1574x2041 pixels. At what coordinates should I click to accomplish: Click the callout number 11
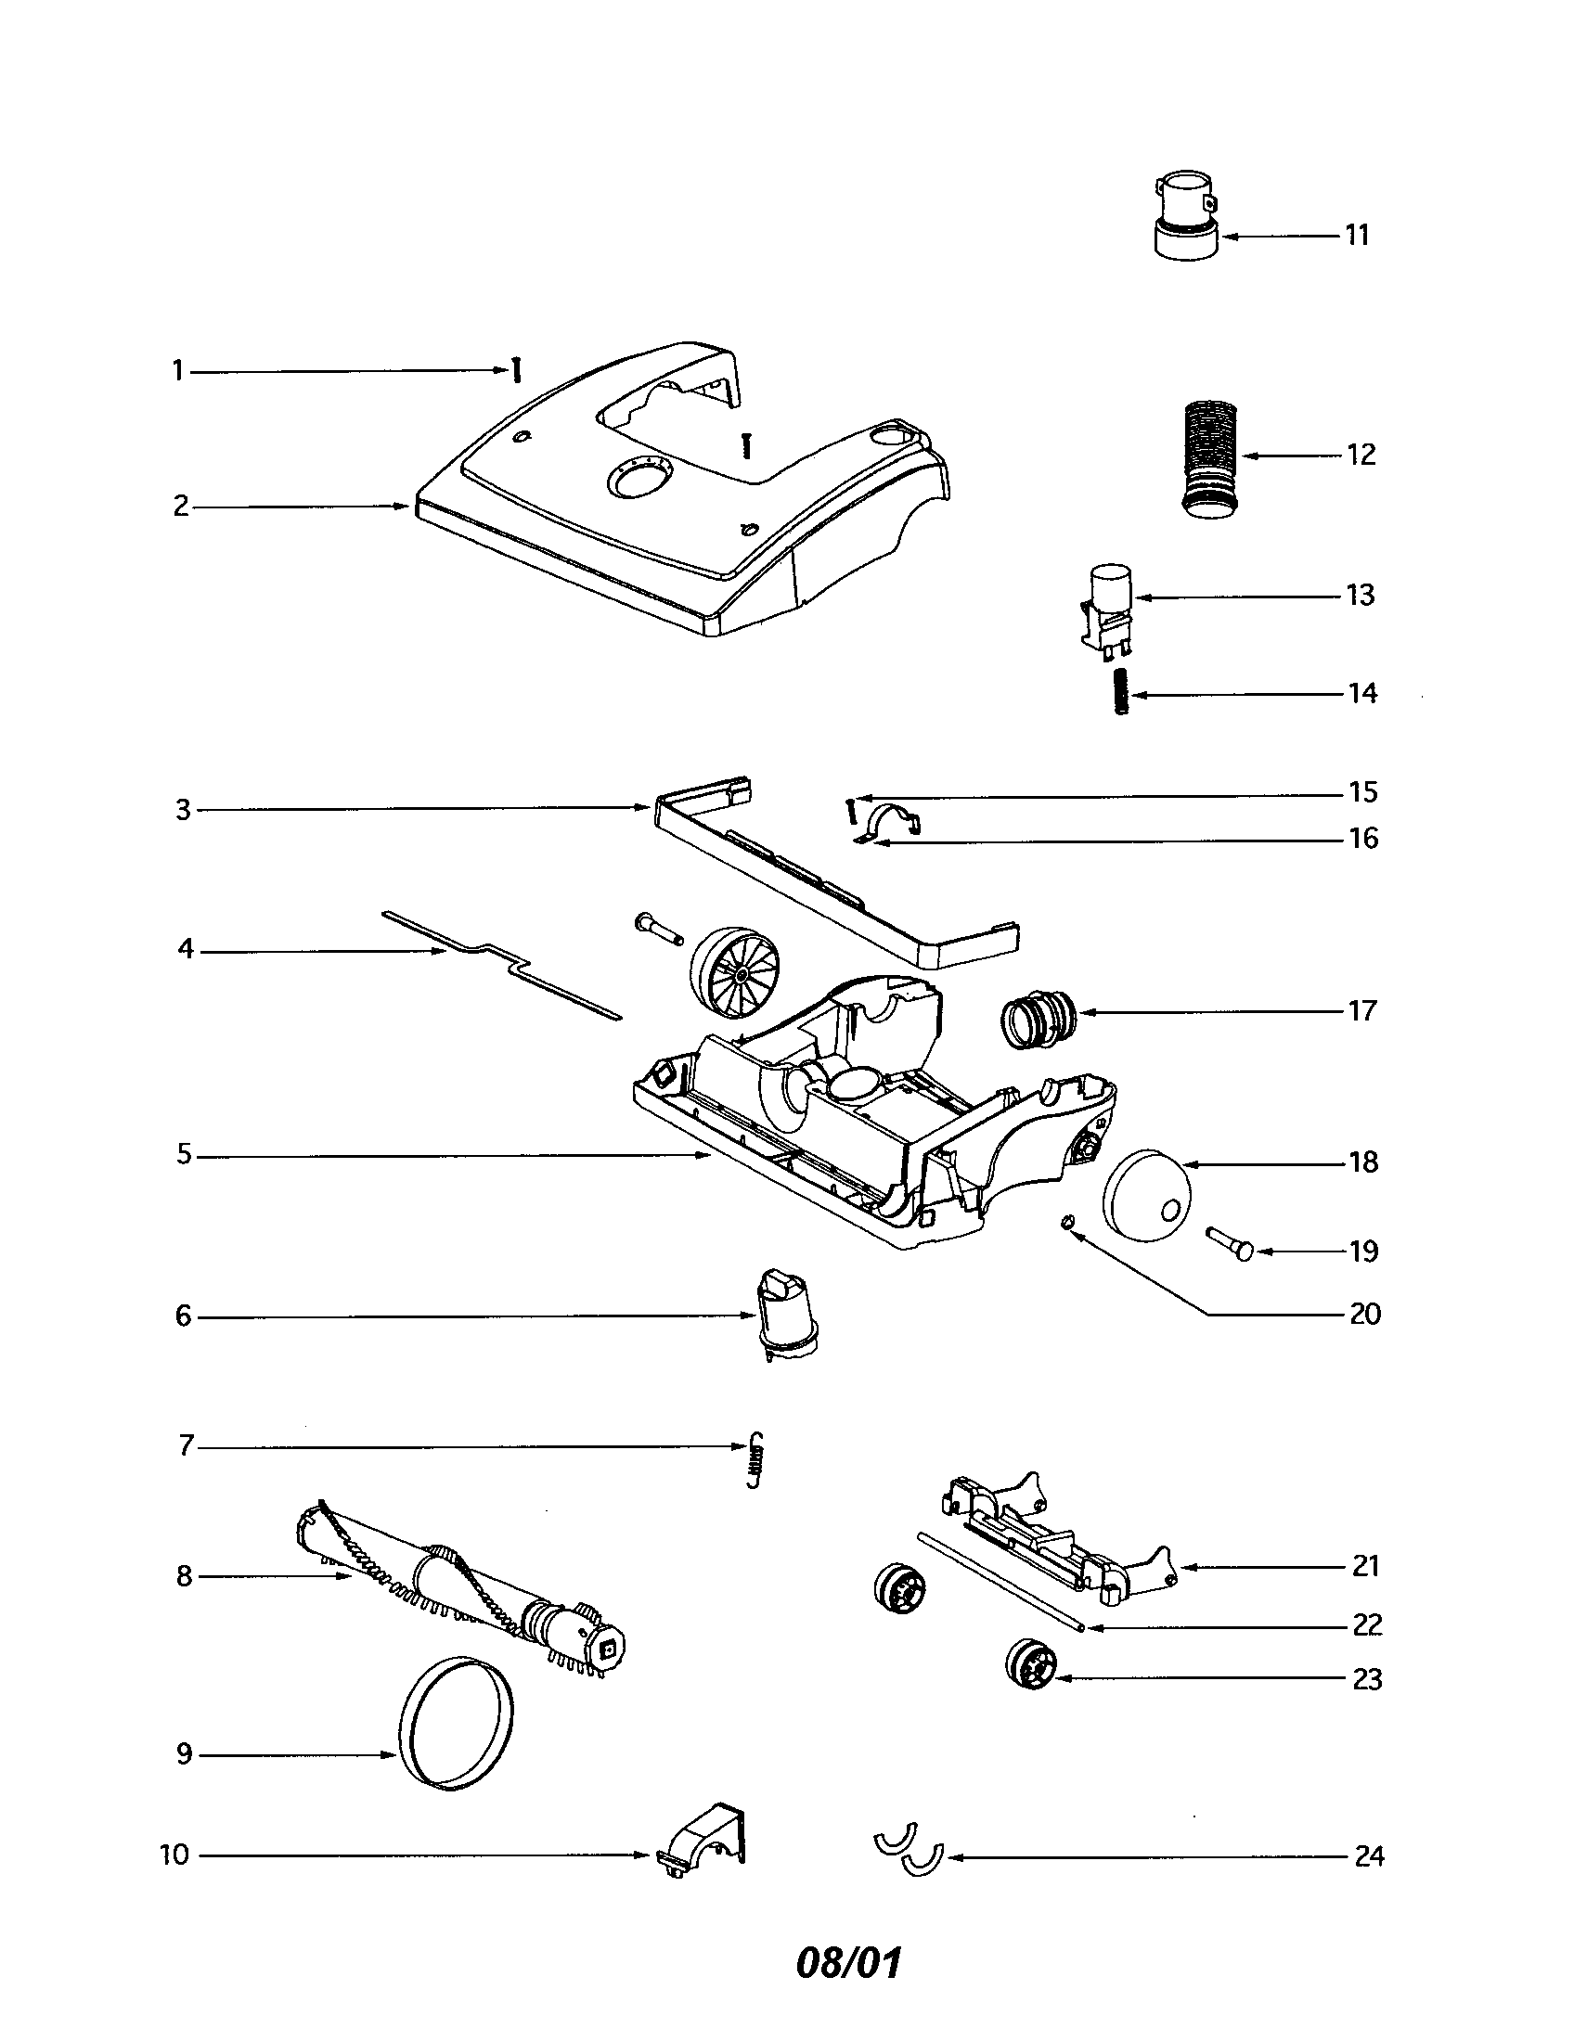pyautogui.click(x=1356, y=236)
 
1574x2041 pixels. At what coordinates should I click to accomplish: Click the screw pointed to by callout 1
pyautogui.click(x=515, y=371)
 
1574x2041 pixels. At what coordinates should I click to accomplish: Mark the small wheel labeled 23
pyautogui.click(x=1032, y=1665)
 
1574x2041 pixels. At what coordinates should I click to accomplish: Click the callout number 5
pyautogui.click(x=183, y=1155)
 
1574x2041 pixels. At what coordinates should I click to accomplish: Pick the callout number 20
pyautogui.click(x=1364, y=1314)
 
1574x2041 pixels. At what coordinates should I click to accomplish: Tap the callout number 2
pyautogui.click(x=180, y=507)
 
